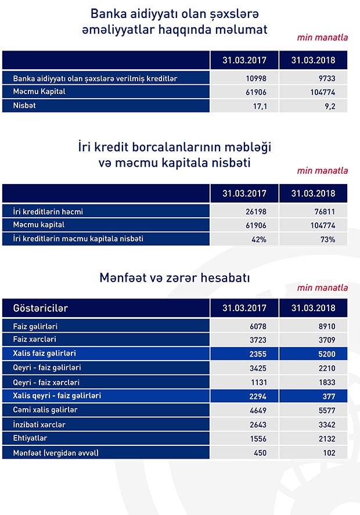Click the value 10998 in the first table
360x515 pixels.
tap(255, 78)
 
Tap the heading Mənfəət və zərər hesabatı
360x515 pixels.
tap(175, 278)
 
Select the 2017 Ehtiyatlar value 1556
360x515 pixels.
tap(256, 439)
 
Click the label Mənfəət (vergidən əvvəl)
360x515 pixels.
tap(56, 453)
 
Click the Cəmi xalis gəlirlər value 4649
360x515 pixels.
tap(256, 410)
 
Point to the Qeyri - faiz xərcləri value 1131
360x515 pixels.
tap(256, 382)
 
